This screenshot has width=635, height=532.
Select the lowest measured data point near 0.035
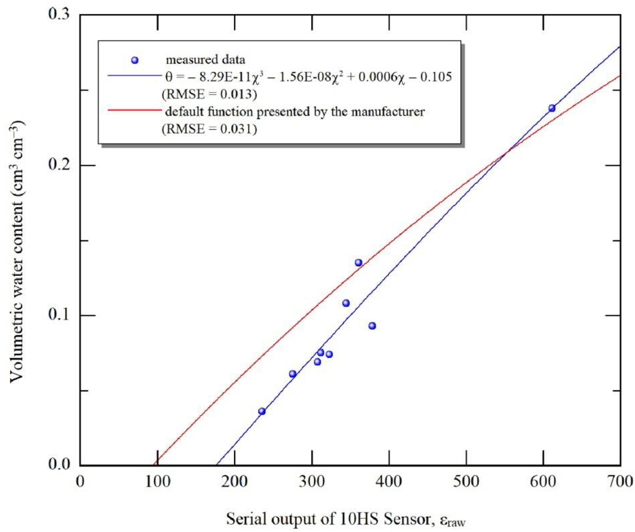(262, 411)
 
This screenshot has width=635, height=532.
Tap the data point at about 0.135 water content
(359, 262)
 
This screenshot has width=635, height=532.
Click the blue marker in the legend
(135, 60)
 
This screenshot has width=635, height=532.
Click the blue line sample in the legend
(135, 76)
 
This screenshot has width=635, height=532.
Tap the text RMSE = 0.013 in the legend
(210, 95)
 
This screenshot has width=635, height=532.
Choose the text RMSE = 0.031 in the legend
(210, 129)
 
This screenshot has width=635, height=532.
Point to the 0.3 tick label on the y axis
(59, 15)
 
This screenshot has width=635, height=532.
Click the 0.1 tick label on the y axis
(59, 315)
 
